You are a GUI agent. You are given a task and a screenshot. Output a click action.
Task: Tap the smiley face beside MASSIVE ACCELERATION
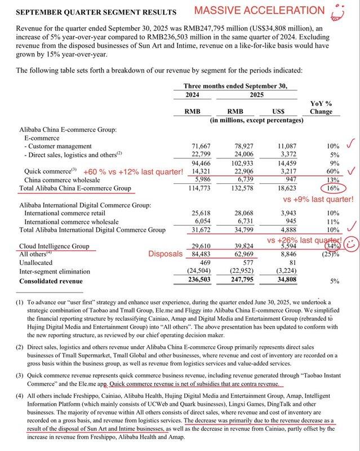[338, 12]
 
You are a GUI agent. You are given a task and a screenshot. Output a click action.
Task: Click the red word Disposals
[165, 254]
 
